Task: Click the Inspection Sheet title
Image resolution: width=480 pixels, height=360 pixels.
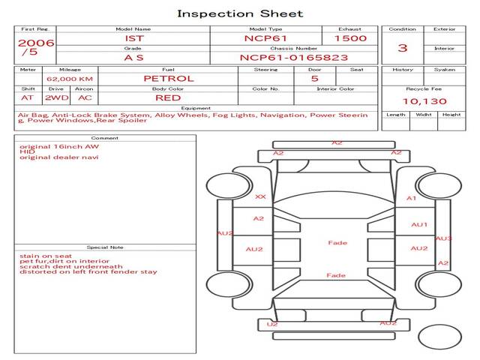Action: pos(240,13)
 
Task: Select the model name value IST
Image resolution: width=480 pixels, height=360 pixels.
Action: pos(133,37)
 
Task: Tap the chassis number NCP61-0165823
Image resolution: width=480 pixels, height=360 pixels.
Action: pos(283,57)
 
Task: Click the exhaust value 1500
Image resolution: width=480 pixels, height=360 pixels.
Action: pos(349,37)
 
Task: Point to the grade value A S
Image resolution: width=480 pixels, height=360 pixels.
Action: pos(133,57)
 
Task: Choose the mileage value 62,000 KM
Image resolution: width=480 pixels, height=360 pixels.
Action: pos(69,78)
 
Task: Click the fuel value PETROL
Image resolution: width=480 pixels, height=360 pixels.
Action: pos(168,78)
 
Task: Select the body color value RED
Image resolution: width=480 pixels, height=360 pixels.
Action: pos(168,97)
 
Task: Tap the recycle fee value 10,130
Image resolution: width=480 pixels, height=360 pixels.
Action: pos(424,101)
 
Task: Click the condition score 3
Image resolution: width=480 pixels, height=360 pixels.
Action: pos(403,48)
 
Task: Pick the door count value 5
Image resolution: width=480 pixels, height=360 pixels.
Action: pos(314,78)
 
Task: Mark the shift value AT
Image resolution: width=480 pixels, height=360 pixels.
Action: pos(28,97)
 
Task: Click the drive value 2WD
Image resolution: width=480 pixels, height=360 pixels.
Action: pos(55,97)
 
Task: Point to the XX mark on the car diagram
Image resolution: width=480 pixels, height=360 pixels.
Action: pos(260,196)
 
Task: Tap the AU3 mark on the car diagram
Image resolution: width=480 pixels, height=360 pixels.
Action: pos(443,238)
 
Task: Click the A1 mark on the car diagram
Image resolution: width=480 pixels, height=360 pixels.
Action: pos(411,198)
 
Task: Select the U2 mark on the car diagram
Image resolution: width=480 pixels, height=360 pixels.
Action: pos(272,324)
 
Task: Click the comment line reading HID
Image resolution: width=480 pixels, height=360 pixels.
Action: pos(27,151)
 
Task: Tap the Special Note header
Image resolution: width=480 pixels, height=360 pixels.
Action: pos(104,247)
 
